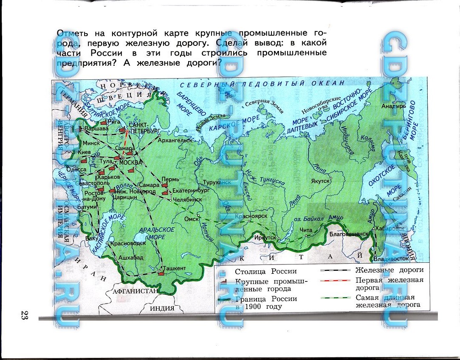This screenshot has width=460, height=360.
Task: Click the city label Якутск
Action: click(x=321, y=180)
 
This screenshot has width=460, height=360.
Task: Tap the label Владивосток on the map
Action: click(x=391, y=258)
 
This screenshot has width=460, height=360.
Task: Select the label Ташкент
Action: click(x=174, y=268)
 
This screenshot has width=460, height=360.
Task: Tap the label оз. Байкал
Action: click(x=310, y=219)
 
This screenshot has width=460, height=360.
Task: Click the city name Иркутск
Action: click(x=265, y=238)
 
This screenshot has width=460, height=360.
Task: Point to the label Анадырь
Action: click(x=393, y=106)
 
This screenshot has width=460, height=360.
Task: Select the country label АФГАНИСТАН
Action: click(x=135, y=291)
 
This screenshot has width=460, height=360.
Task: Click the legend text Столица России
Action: click(x=265, y=271)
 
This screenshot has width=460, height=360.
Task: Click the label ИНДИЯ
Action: click(x=162, y=309)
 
